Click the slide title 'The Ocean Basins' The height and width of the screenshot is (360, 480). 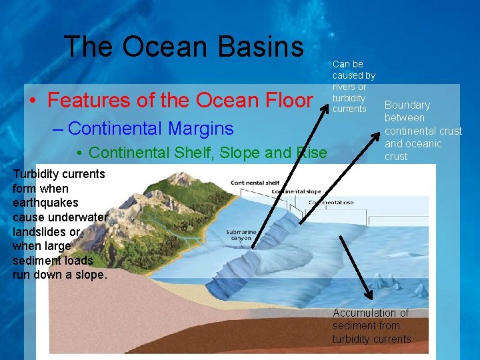click(x=183, y=47)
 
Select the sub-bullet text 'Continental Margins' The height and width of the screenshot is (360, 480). click(x=151, y=128)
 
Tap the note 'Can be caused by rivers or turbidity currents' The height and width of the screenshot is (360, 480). click(x=353, y=87)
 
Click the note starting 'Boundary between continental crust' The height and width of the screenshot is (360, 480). click(x=423, y=131)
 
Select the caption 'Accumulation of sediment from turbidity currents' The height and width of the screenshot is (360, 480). click(x=371, y=326)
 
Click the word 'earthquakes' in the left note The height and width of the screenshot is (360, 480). click(x=45, y=203)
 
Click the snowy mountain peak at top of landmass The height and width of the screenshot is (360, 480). click(x=185, y=175)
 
